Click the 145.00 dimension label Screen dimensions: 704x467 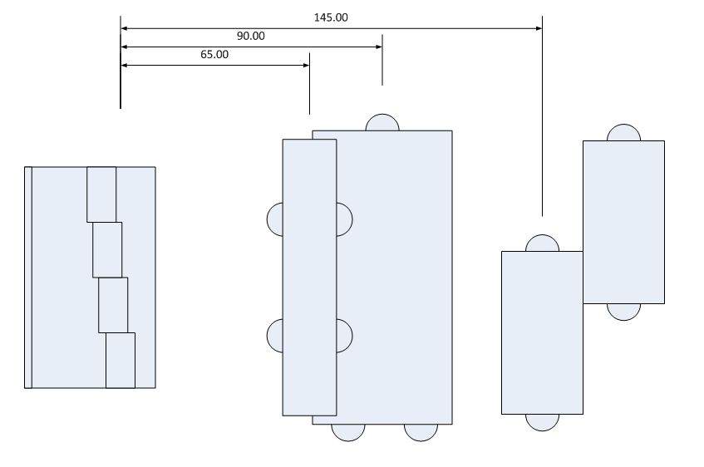pos(331,17)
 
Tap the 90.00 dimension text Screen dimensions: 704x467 pos(250,36)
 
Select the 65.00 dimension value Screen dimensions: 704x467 pos(214,54)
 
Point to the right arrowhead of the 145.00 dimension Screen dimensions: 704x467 pos(539,28)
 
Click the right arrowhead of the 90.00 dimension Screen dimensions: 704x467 pos(379,47)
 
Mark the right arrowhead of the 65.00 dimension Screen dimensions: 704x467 pos(306,65)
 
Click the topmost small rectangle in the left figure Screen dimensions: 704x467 pos(101,194)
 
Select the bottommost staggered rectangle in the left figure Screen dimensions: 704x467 pos(121,360)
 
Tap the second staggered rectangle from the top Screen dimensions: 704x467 pos(107,249)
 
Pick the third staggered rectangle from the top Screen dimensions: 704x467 pos(113,305)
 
